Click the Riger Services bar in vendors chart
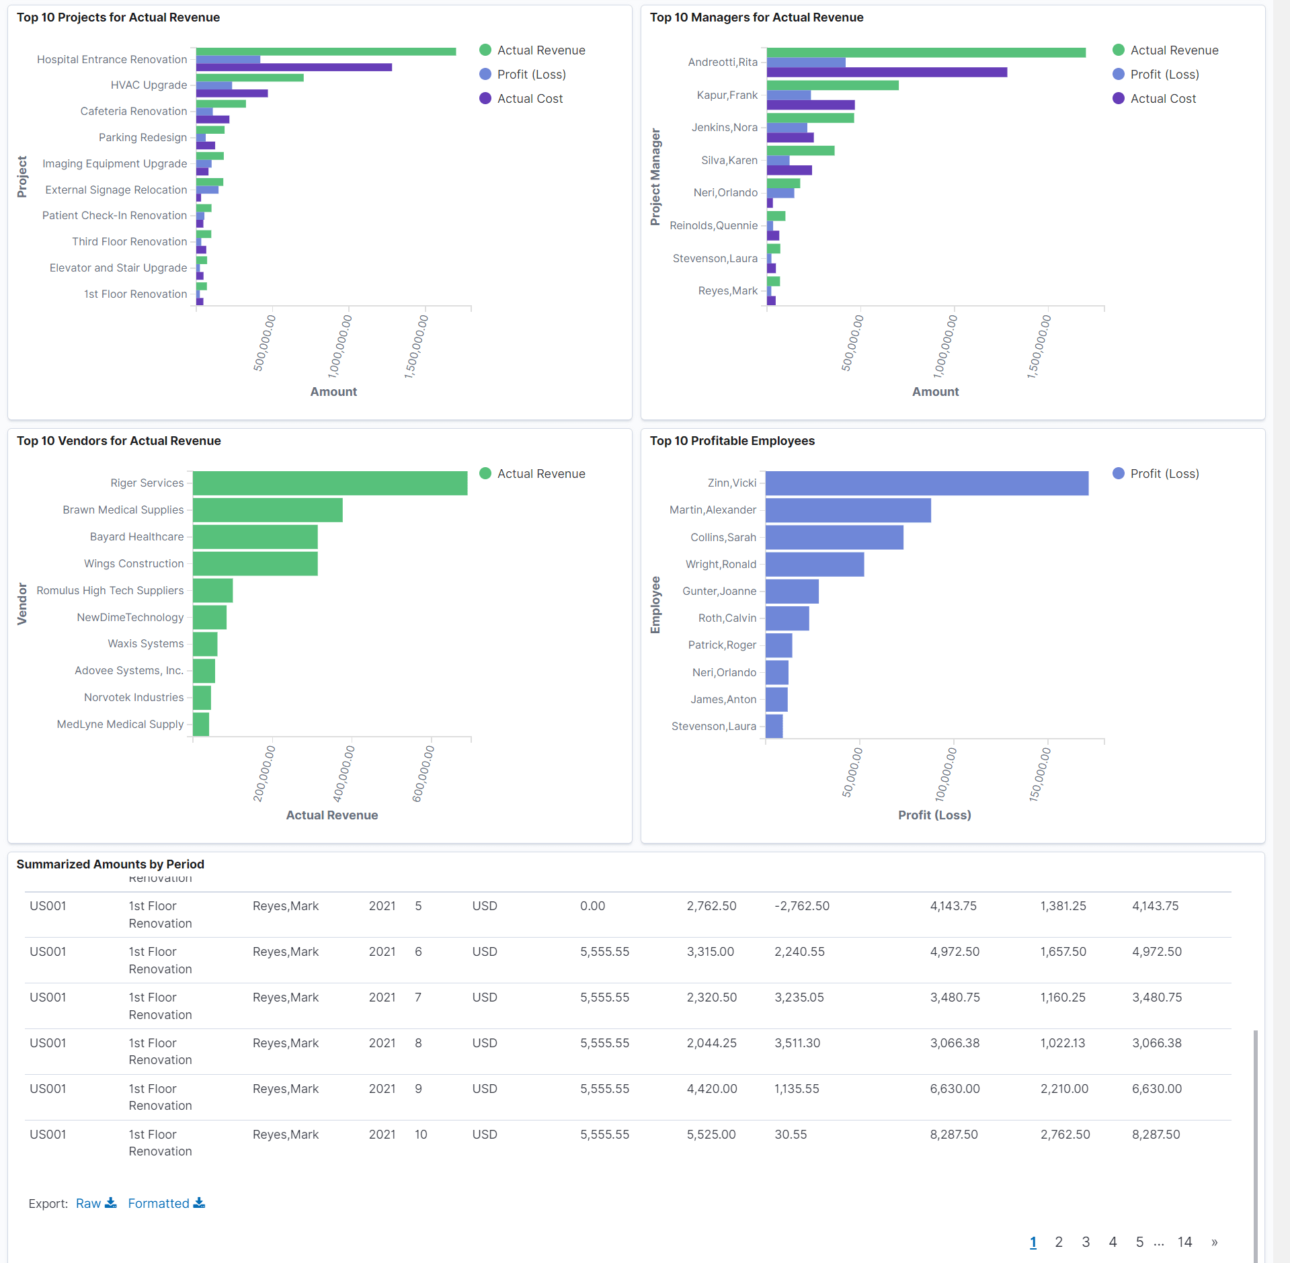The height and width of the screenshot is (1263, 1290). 329,483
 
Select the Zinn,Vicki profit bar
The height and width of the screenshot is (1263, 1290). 926,483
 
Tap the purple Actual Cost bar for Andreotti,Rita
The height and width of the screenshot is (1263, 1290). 886,73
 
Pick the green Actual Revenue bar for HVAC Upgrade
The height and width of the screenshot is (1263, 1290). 249,78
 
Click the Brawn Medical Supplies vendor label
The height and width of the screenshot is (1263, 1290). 123,510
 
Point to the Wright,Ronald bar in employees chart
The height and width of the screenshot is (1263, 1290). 814,565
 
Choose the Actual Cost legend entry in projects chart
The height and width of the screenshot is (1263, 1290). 529,99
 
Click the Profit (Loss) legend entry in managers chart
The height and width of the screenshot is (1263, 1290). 1164,75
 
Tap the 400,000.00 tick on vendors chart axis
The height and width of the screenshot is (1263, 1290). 344,773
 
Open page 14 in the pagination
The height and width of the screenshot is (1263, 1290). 1184,1242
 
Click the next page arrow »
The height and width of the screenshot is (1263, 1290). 1214,1242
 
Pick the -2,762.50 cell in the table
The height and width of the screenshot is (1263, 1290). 801,906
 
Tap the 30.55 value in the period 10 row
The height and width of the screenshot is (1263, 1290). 791,1135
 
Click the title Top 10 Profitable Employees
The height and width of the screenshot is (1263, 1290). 731,441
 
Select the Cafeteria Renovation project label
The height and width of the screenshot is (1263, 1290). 133,112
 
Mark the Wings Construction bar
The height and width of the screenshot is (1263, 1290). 255,564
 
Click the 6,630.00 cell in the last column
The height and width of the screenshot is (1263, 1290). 1156,1089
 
